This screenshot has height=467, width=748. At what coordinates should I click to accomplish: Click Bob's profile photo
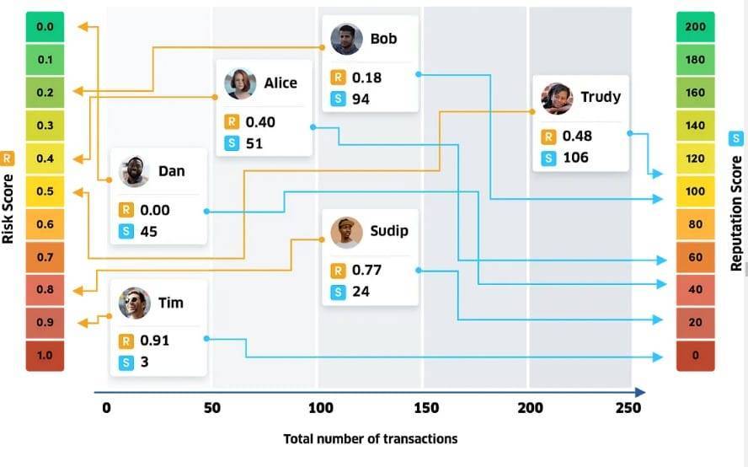pyautogui.click(x=346, y=39)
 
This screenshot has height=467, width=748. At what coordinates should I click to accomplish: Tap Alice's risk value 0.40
pyautogui.click(x=260, y=122)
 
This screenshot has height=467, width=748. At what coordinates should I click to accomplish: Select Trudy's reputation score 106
pyautogui.click(x=576, y=158)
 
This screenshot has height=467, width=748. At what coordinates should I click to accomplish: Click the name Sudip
pyautogui.click(x=389, y=231)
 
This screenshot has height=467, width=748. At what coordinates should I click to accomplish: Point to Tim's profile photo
pyautogui.click(x=135, y=303)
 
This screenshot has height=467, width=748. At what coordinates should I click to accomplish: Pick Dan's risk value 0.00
pyautogui.click(x=155, y=210)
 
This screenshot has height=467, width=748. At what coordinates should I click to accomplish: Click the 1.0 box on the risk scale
pyautogui.click(x=45, y=355)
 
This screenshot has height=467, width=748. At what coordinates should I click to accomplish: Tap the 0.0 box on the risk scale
pyautogui.click(x=45, y=27)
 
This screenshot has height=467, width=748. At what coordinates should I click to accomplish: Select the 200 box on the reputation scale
pyautogui.click(x=696, y=27)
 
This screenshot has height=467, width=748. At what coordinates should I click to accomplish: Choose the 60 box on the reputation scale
pyautogui.click(x=696, y=257)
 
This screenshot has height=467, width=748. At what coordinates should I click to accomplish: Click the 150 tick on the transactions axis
pyautogui.click(x=426, y=408)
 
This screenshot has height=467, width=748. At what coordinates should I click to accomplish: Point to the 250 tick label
pyautogui.click(x=628, y=408)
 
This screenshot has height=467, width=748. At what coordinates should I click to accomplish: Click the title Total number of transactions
pyautogui.click(x=371, y=439)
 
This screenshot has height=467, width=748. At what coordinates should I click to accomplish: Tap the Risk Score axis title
pyautogui.click(x=8, y=209)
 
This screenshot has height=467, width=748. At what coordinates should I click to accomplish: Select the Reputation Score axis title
pyautogui.click(x=736, y=213)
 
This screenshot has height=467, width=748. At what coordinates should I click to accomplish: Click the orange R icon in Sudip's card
pyautogui.click(x=338, y=271)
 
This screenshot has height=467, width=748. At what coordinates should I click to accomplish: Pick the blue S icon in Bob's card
pyautogui.click(x=338, y=99)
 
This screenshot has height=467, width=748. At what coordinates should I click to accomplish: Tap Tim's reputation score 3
pyautogui.click(x=145, y=362)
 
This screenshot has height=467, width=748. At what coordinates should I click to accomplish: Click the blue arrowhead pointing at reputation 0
pyautogui.click(x=658, y=357)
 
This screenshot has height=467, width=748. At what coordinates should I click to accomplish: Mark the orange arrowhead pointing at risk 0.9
pyautogui.click(x=83, y=323)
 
